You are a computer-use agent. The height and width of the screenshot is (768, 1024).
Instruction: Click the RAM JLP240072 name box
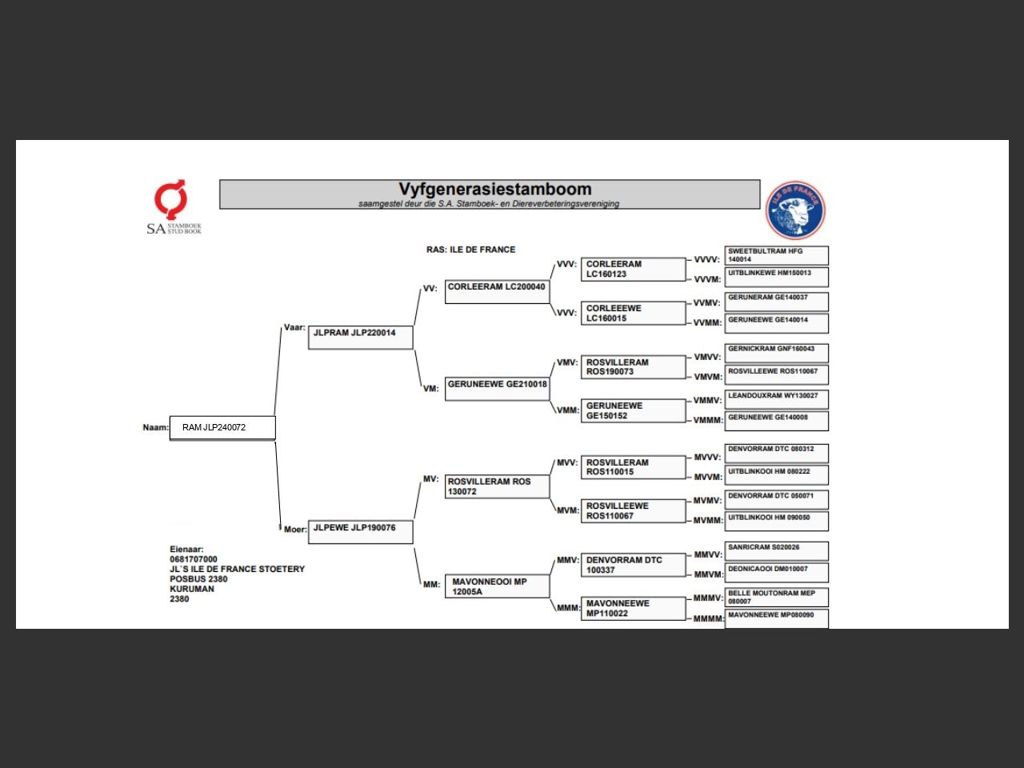point(222,428)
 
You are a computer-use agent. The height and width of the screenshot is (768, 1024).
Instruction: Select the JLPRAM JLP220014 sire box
point(361,337)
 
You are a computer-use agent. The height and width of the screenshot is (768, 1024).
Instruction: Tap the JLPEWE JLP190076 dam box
point(361,532)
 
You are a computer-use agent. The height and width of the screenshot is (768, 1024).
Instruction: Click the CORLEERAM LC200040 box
point(497,291)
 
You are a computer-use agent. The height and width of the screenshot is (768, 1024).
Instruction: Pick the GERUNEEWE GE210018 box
point(497,389)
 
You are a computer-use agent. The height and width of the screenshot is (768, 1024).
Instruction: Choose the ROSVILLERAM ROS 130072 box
point(497,486)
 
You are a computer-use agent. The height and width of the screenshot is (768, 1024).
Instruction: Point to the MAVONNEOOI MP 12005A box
point(497,586)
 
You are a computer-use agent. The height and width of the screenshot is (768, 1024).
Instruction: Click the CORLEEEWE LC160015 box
point(633,314)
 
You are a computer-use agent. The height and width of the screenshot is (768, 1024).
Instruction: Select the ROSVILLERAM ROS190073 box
point(633,367)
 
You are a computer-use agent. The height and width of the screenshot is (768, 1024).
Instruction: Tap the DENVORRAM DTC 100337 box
point(633,565)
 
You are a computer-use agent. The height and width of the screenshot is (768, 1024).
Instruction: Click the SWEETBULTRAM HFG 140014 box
point(776,255)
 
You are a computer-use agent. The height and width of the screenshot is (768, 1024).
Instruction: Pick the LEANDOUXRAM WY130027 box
point(776,399)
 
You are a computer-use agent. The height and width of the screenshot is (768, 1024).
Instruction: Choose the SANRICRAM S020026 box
point(776,551)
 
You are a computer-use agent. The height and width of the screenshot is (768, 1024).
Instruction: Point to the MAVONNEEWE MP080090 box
point(776,618)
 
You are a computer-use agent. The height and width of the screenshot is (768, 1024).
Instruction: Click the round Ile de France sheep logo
point(795,210)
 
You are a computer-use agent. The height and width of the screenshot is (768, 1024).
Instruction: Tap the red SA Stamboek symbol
point(171,199)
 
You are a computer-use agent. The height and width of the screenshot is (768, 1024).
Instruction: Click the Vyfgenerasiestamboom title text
point(495,190)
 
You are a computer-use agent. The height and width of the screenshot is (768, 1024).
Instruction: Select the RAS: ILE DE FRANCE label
point(470,250)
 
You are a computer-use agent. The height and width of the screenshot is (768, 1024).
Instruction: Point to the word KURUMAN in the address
point(192,589)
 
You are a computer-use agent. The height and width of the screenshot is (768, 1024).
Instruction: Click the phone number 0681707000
point(194,559)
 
